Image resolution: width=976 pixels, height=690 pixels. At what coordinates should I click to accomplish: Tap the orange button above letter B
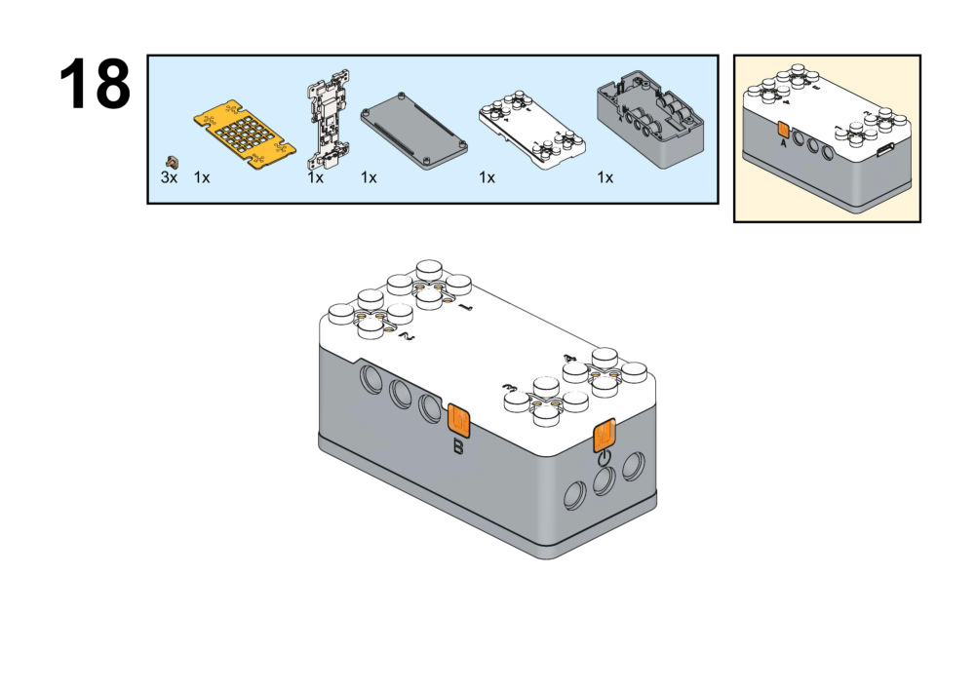tap(457, 421)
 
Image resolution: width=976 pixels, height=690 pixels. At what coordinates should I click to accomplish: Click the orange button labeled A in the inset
tap(782, 130)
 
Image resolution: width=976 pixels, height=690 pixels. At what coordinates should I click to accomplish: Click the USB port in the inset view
tap(885, 150)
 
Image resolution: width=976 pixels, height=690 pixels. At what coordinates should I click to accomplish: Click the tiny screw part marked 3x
tap(175, 161)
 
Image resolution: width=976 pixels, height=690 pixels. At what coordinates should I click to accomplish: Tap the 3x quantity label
tap(169, 178)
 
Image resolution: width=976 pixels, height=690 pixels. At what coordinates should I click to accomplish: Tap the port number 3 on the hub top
tap(508, 388)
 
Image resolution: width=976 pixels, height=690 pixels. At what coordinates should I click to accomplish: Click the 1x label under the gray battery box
tap(605, 178)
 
